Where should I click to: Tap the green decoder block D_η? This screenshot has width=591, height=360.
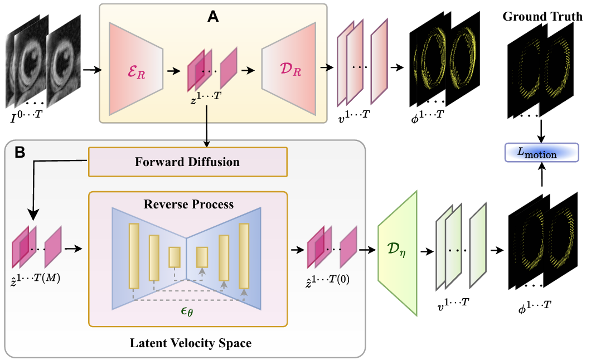(x=398, y=253)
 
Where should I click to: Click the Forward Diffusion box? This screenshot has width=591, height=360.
(x=187, y=162)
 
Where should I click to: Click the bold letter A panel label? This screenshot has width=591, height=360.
(x=212, y=17)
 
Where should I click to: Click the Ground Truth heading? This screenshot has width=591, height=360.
(x=542, y=16)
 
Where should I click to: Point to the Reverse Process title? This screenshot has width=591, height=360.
(x=188, y=205)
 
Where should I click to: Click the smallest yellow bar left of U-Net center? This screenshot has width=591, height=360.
(x=175, y=257)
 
